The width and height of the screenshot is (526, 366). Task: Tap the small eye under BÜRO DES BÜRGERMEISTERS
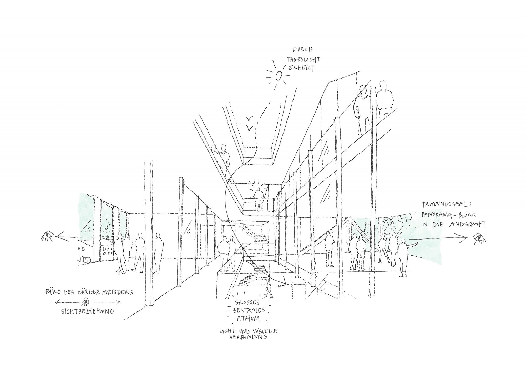[x=86, y=302]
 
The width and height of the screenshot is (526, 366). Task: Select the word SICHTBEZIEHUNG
[x=88, y=311]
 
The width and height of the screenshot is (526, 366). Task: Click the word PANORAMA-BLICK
[x=446, y=214]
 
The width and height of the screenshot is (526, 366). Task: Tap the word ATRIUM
[x=248, y=318]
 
